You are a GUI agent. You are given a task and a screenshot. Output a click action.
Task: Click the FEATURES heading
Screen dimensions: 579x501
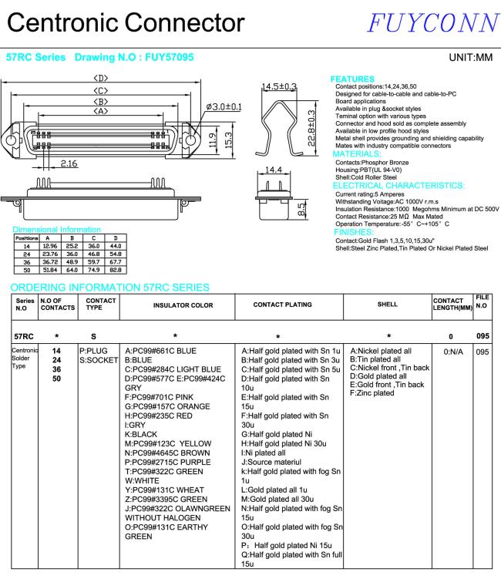pos(351,78)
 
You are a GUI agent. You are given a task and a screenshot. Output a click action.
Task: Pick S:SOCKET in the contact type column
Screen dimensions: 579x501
pos(98,359)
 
